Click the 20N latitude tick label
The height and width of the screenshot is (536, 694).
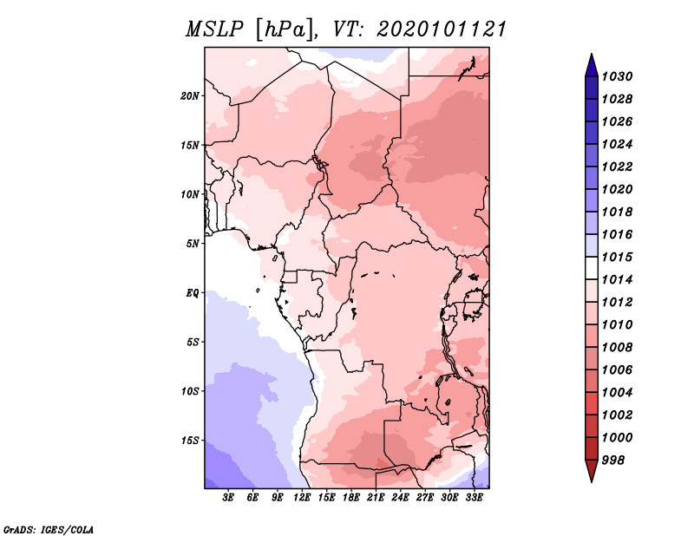[191, 95]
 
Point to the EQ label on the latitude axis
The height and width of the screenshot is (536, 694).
[193, 292]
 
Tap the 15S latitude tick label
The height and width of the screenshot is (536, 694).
[191, 441]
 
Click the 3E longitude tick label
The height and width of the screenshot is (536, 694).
[229, 498]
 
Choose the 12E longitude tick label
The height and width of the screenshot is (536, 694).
[303, 498]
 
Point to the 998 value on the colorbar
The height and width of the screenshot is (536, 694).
[615, 460]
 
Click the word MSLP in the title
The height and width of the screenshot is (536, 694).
[213, 29]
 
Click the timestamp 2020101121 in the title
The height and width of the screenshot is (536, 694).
[442, 29]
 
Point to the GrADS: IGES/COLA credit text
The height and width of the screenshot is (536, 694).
[48, 528]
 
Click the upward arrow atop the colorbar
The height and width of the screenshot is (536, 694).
[591, 62]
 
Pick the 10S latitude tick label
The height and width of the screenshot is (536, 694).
[191, 391]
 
